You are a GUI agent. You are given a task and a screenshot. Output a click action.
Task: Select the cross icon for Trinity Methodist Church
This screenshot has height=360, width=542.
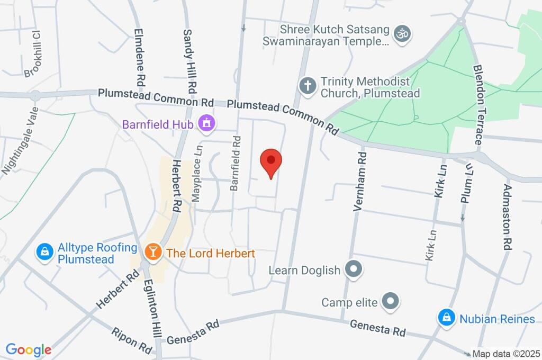point(308,85)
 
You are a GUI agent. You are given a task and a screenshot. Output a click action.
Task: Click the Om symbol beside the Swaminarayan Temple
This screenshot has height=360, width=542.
point(403,33)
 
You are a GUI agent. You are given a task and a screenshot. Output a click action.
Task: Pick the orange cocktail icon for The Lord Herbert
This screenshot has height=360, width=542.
point(154,253)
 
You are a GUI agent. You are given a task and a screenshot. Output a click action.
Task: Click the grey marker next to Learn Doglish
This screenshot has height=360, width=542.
point(352,269)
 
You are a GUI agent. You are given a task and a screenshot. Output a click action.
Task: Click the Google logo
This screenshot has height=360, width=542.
point(29,350)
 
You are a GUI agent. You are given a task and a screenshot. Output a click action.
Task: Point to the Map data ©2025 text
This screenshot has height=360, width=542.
point(506,354)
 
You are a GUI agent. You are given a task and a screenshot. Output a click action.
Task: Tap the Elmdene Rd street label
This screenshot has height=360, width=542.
point(140,57)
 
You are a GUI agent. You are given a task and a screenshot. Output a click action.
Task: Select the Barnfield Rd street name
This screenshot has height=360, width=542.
point(236,163)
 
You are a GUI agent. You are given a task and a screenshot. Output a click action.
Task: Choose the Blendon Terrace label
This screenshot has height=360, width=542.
point(477,106)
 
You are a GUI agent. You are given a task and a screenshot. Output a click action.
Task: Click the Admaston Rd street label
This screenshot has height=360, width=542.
point(508,217)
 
